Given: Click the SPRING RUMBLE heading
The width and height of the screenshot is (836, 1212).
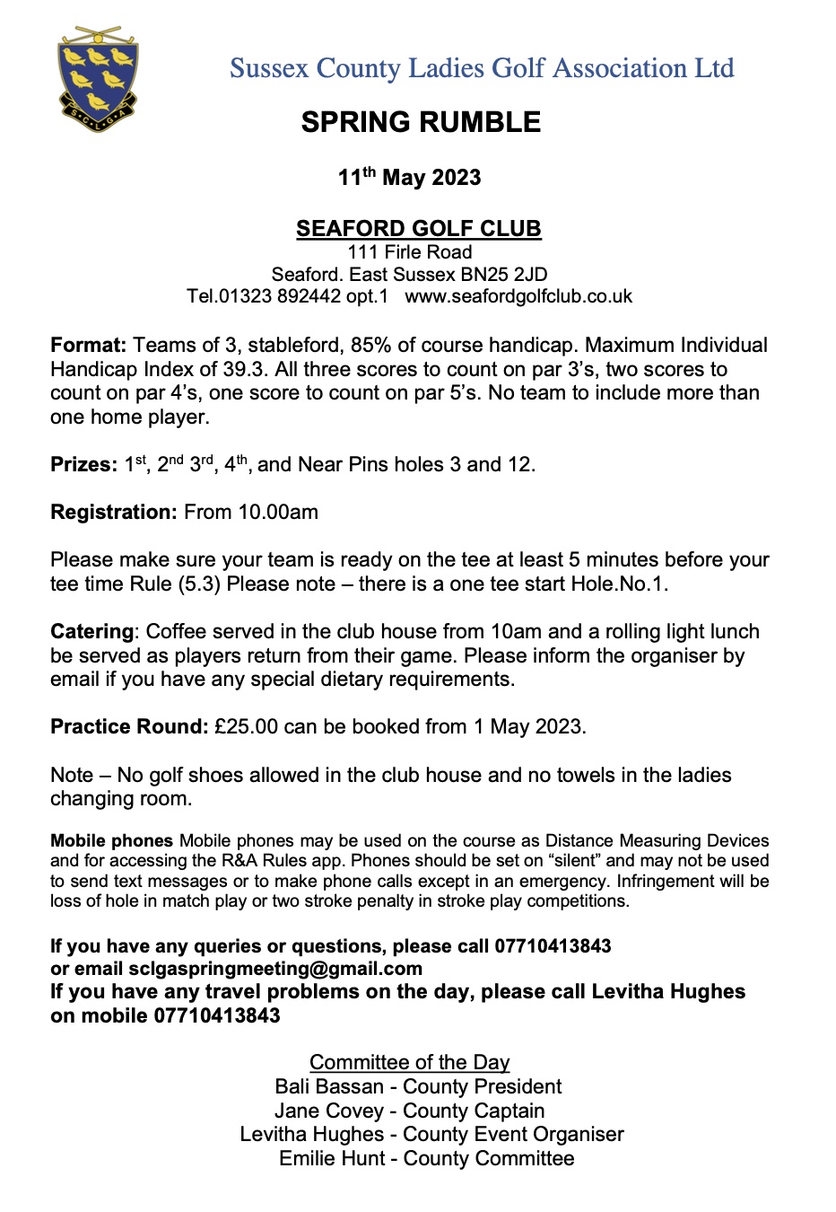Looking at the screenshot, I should point(421,122).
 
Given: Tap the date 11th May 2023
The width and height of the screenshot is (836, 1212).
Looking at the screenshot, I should point(409,177).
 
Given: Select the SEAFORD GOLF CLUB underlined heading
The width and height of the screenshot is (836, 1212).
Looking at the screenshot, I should point(418,228).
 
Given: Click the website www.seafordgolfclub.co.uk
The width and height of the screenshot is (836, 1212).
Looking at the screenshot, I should point(518,296).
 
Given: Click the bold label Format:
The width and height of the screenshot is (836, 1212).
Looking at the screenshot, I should point(88,345).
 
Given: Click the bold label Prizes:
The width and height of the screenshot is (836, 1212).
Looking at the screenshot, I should point(83,464).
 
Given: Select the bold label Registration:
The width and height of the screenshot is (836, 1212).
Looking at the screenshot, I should point(114,512).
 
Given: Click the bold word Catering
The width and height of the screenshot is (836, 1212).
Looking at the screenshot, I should point(91,631).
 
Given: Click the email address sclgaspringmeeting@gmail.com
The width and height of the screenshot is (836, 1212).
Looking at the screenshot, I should point(275,969).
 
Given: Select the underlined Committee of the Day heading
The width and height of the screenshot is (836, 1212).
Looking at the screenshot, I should point(409,1062).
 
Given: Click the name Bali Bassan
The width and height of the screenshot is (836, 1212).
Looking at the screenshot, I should point(329,1086).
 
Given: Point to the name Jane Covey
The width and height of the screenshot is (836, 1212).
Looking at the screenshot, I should point(328,1111).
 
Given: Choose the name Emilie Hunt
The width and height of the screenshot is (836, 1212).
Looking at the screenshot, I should point(332,1158).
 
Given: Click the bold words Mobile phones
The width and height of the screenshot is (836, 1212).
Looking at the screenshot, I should point(111,840).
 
